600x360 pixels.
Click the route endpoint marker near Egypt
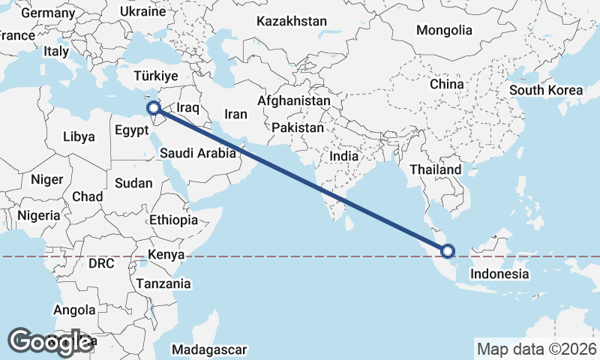tap(154, 108)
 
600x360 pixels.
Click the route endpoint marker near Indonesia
tap(448, 251)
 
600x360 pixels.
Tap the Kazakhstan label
tap(292, 21)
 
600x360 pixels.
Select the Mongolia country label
tap(445, 30)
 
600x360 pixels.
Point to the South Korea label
tap(545, 90)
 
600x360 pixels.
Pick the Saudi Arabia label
tap(198, 153)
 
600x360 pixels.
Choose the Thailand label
tap(435, 170)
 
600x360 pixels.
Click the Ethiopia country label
tap(173, 220)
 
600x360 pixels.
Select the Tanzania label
tap(163, 284)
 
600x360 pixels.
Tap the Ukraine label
tap(142, 12)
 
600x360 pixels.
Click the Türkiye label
tap(155, 76)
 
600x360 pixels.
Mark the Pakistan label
tap(298, 127)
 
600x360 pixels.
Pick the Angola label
tap(74, 310)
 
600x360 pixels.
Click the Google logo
tap(51, 342)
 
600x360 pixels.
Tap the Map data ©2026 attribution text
tap(536, 349)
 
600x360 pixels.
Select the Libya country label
tap(79, 137)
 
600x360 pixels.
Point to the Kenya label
tap(166, 255)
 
